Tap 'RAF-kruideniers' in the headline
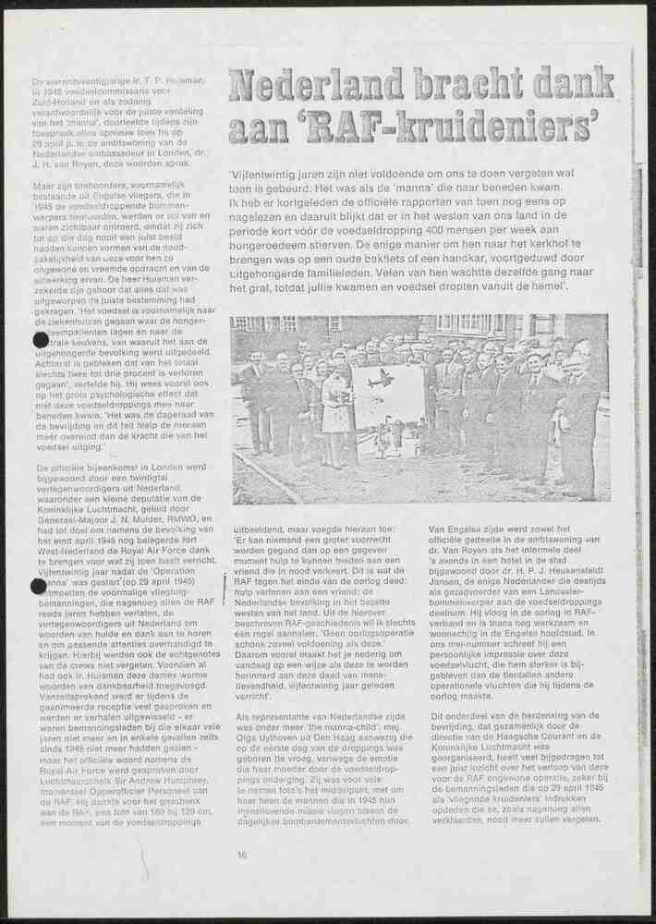pyautogui.click(x=434, y=125)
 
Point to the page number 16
pyautogui.click(x=241, y=855)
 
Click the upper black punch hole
pyautogui.click(x=41, y=340)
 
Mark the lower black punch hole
pyautogui.click(x=39, y=586)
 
